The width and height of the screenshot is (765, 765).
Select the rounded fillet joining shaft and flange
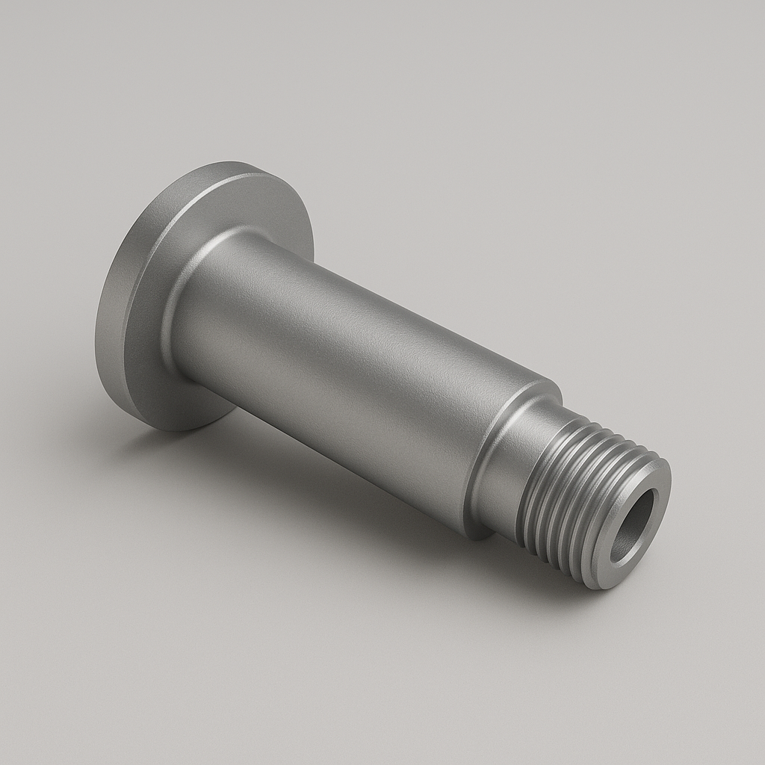(x=187, y=299)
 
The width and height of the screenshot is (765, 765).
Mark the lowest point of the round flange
(x=179, y=430)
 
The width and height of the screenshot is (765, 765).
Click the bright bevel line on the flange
(x=161, y=247)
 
